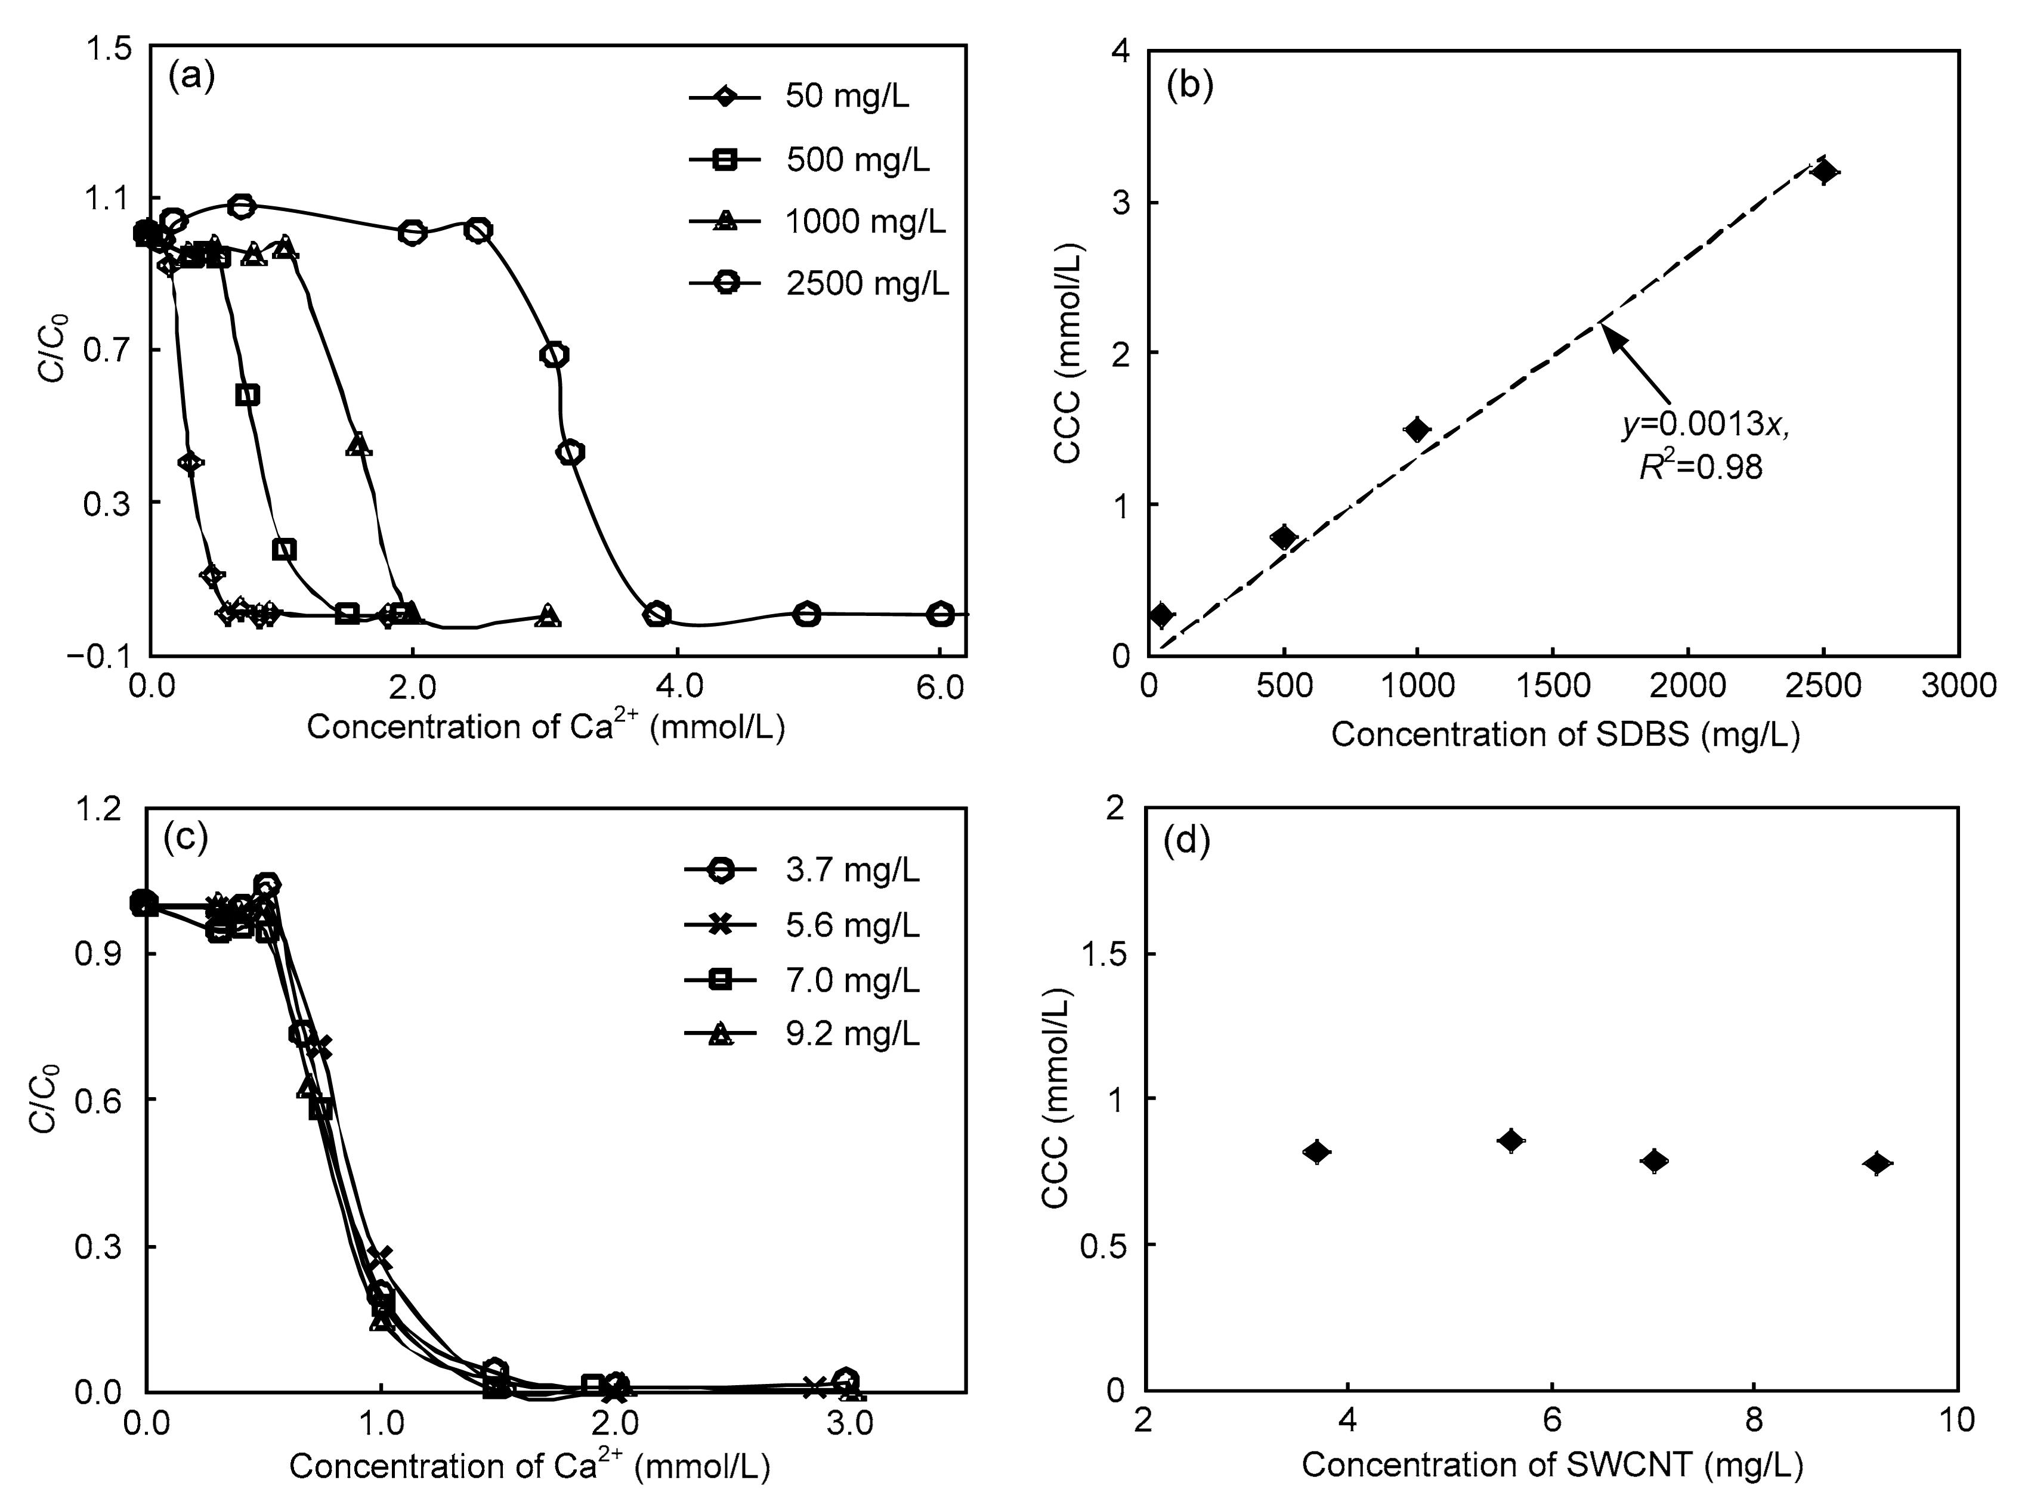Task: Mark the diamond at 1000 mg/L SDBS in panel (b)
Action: (1417, 430)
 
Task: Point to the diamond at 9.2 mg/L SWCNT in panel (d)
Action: (1876, 1163)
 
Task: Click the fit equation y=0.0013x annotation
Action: (1705, 426)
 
